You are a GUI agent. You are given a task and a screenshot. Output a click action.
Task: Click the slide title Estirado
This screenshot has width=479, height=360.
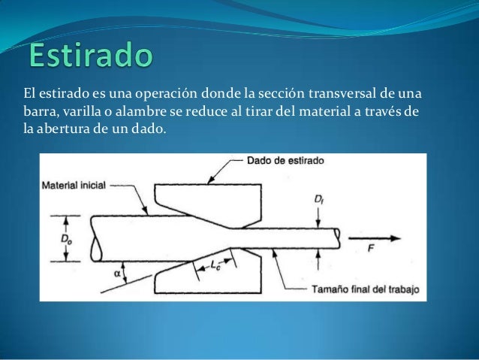coord(90,55)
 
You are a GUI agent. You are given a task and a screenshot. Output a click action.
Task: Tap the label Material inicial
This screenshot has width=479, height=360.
coord(74,184)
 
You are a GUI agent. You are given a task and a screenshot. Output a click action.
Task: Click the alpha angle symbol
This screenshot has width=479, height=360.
coord(118,274)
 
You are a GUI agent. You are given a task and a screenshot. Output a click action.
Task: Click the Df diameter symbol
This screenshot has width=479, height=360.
coord(321,201)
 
